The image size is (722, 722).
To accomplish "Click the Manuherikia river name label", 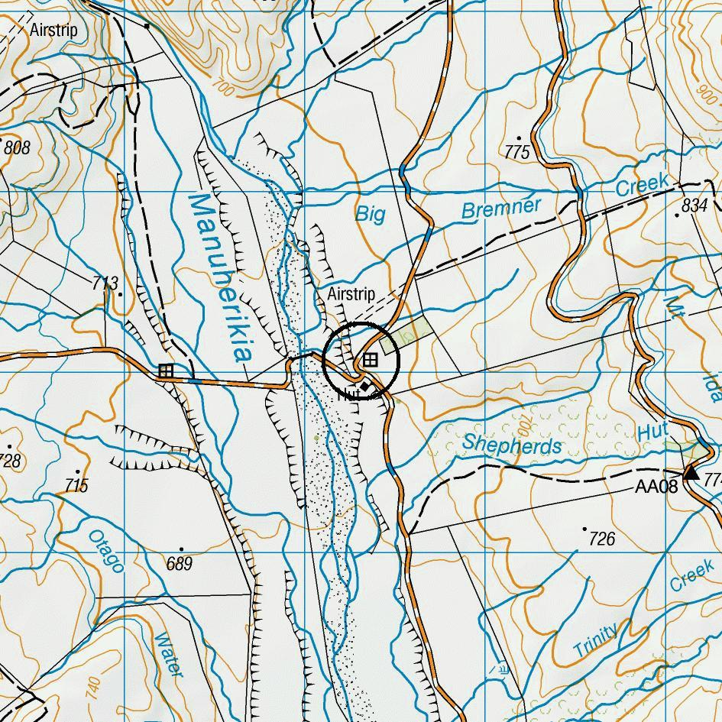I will click(219, 277).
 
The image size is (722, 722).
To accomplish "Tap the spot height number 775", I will click(517, 152).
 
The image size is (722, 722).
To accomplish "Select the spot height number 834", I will click(694, 205).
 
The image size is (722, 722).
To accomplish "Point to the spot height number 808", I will click(17, 147).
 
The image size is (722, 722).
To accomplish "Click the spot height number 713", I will click(105, 284).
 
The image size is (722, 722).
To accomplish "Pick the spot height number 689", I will click(180, 564).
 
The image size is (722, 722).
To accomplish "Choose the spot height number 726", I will click(602, 539).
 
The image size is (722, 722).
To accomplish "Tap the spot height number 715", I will click(76, 485).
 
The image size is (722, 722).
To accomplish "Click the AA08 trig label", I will click(656, 487).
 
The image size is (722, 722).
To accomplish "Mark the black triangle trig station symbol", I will click(691, 472).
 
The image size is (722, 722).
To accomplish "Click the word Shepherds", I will click(512, 444).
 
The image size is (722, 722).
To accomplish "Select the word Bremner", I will click(501, 208).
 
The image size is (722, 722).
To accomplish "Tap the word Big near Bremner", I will click(371, 214).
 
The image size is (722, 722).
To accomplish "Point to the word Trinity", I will click(595, 643).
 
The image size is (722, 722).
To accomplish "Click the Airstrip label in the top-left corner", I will click(53, 31).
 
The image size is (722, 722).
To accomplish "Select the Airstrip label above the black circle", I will click(351, 294).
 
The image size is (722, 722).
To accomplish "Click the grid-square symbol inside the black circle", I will click(371, 359).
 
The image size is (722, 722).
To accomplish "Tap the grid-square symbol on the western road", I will click(166, 371).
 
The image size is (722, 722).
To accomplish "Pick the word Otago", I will click(106, 551).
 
